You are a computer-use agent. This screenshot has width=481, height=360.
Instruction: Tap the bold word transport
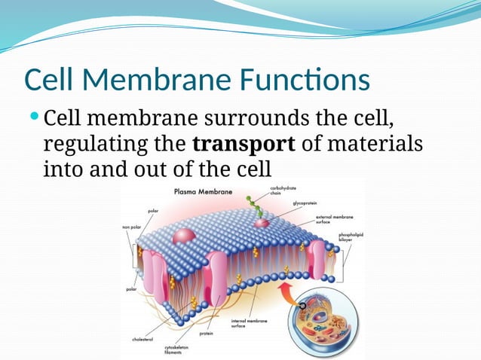click(242, 143)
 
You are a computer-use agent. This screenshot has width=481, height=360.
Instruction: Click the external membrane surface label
click(331, 218)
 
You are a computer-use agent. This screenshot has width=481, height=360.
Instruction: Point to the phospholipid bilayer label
click(351, 237)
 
